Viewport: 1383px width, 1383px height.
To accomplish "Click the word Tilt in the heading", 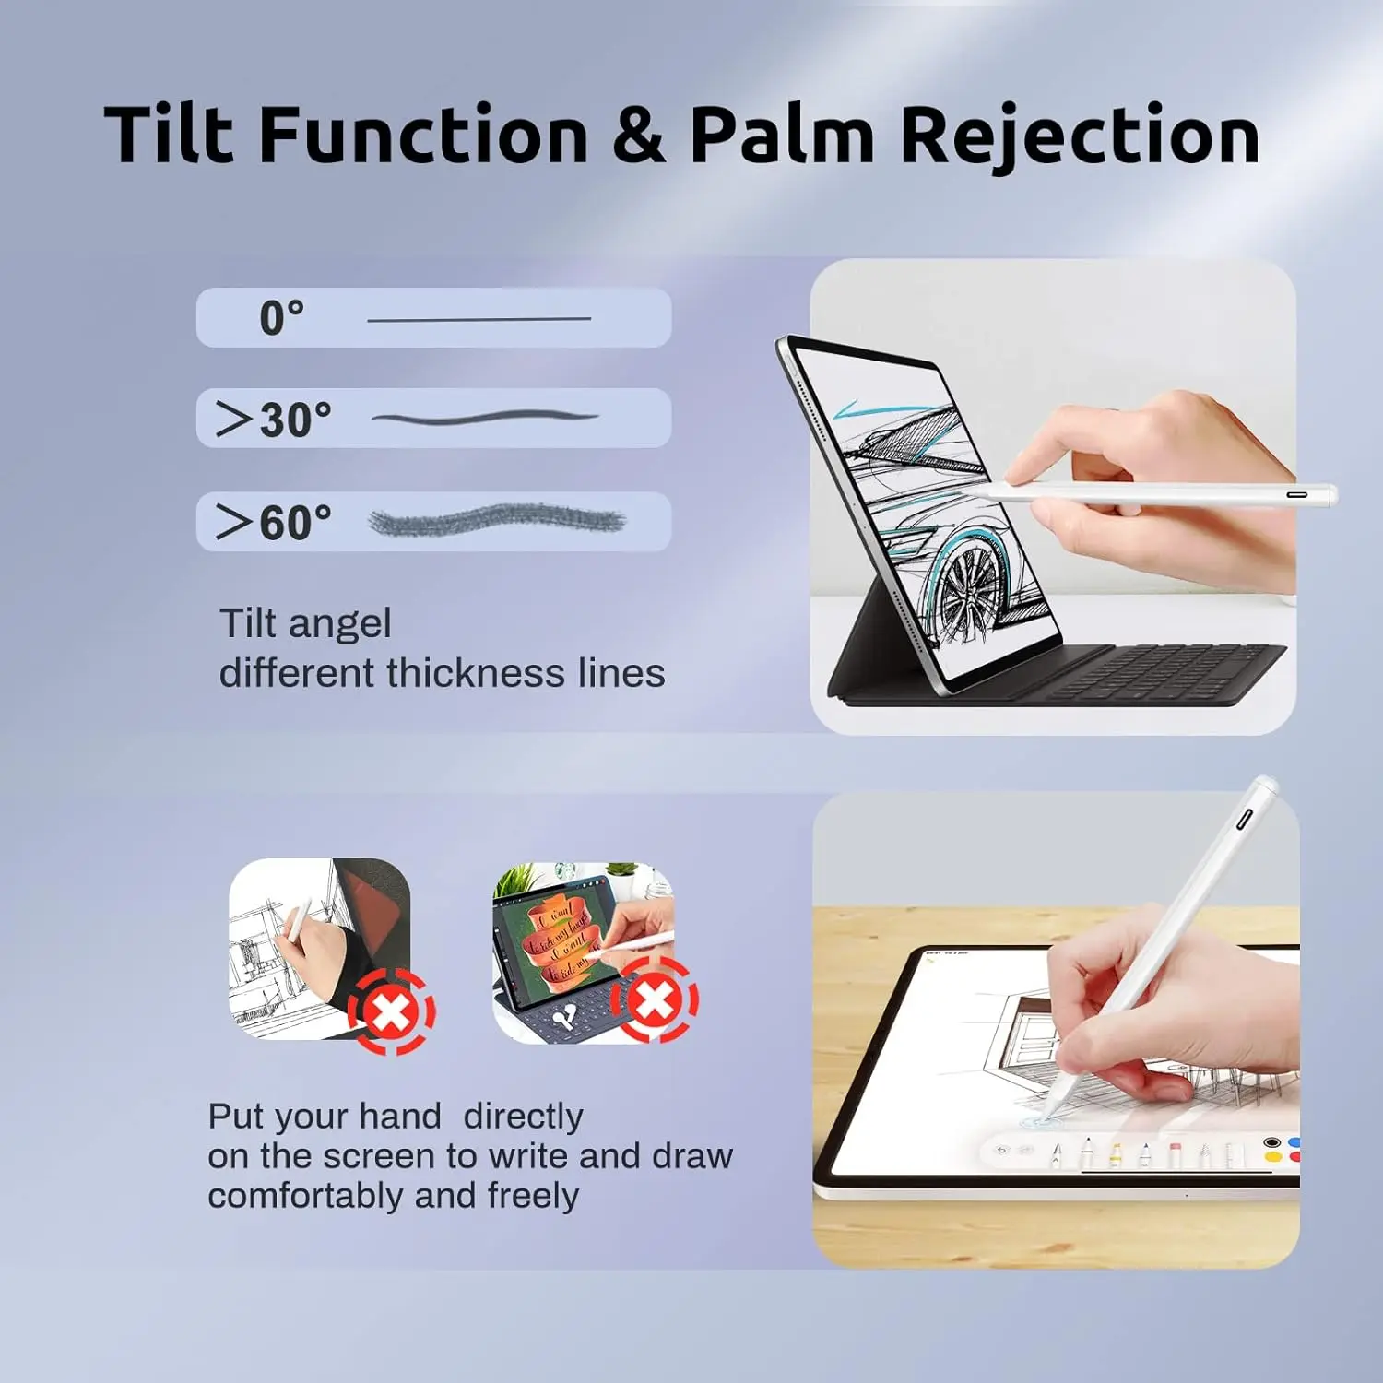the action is (169, 135).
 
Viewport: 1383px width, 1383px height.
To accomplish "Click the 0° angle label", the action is (281, 318).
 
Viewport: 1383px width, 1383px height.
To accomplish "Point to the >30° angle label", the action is (273, 420).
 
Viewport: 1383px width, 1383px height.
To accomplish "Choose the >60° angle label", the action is (273, 523).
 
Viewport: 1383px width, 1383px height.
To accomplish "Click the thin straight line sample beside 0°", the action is (479, 319).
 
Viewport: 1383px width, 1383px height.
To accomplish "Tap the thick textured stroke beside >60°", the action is (496, 521).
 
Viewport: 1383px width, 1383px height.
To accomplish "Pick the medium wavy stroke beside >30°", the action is (485, 418).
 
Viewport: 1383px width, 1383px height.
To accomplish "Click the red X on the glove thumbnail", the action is (392, 1012).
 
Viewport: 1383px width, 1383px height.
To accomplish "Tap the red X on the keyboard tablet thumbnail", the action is (655, 999).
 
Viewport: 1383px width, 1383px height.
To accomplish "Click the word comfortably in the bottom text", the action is (306, 1196).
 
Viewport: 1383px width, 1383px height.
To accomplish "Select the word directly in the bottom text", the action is (523, 1117).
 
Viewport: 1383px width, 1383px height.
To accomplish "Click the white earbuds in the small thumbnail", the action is (565, 1017).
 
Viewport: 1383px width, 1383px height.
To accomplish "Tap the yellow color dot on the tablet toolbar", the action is (1273, 1157).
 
